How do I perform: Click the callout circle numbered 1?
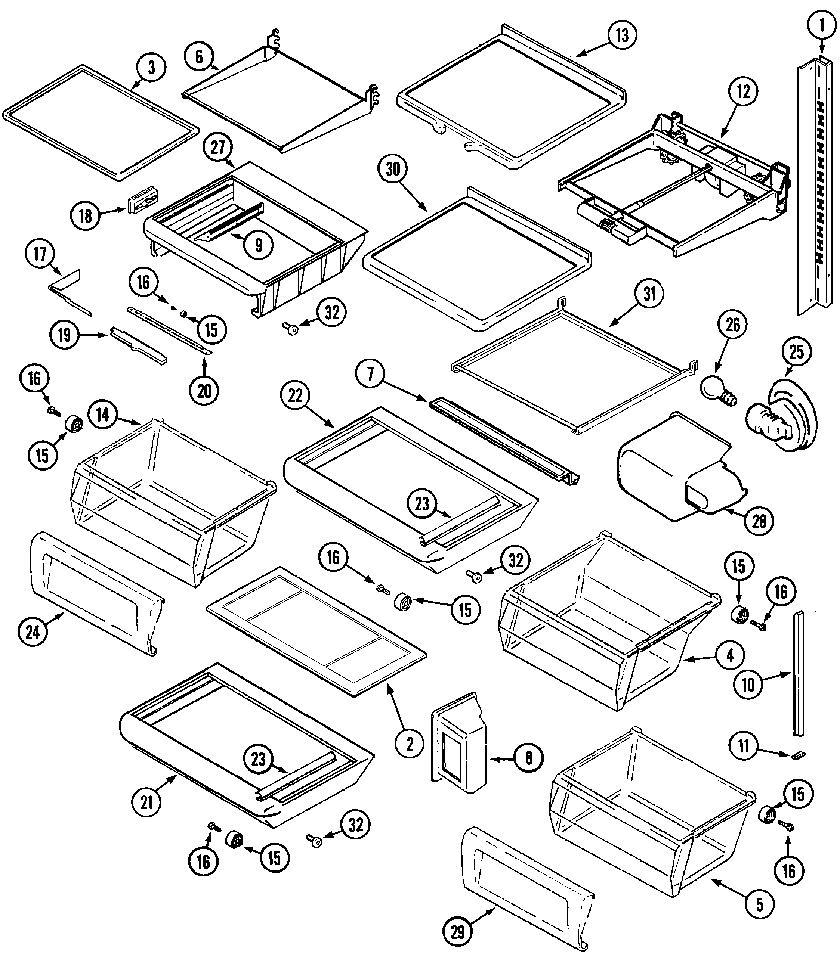822,26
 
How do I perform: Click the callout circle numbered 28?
759,521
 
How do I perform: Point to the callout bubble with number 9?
258,245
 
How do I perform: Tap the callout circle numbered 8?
529,758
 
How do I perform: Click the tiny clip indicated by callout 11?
799,754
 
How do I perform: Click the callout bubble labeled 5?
759,904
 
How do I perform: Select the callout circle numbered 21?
146,803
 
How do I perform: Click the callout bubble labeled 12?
743,91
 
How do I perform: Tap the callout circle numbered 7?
371,374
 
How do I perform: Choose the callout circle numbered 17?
40,254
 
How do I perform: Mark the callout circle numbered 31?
649,294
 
